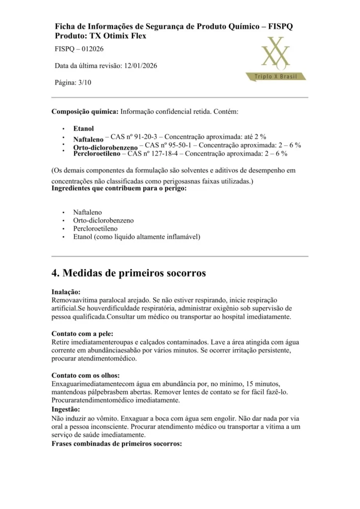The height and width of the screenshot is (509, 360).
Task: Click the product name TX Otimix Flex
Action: [121, 36]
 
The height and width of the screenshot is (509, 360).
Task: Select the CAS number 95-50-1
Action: [179, 145]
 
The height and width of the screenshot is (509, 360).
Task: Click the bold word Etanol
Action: [83, 128]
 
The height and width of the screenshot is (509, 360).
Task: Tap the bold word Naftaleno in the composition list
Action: [88, 140]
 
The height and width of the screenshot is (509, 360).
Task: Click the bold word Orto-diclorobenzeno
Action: [105, 148]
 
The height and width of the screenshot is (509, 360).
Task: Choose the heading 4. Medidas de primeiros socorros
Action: [128, 273]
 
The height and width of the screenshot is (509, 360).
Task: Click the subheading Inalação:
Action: [66, 292]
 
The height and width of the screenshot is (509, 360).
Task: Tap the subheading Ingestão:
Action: [66, 409]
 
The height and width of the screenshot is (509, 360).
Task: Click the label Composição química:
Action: [85, 112]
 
